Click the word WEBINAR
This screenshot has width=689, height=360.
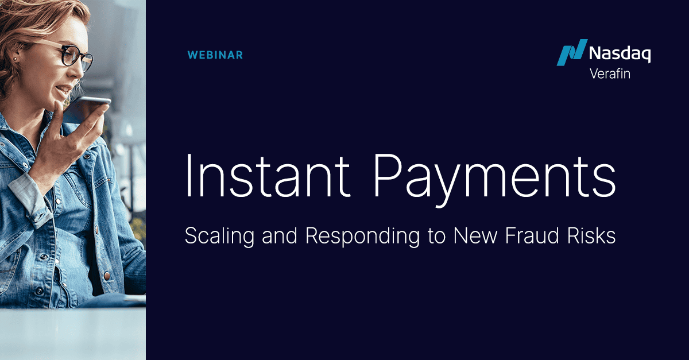pos(215,55)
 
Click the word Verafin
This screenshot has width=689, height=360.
pos(610,73)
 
